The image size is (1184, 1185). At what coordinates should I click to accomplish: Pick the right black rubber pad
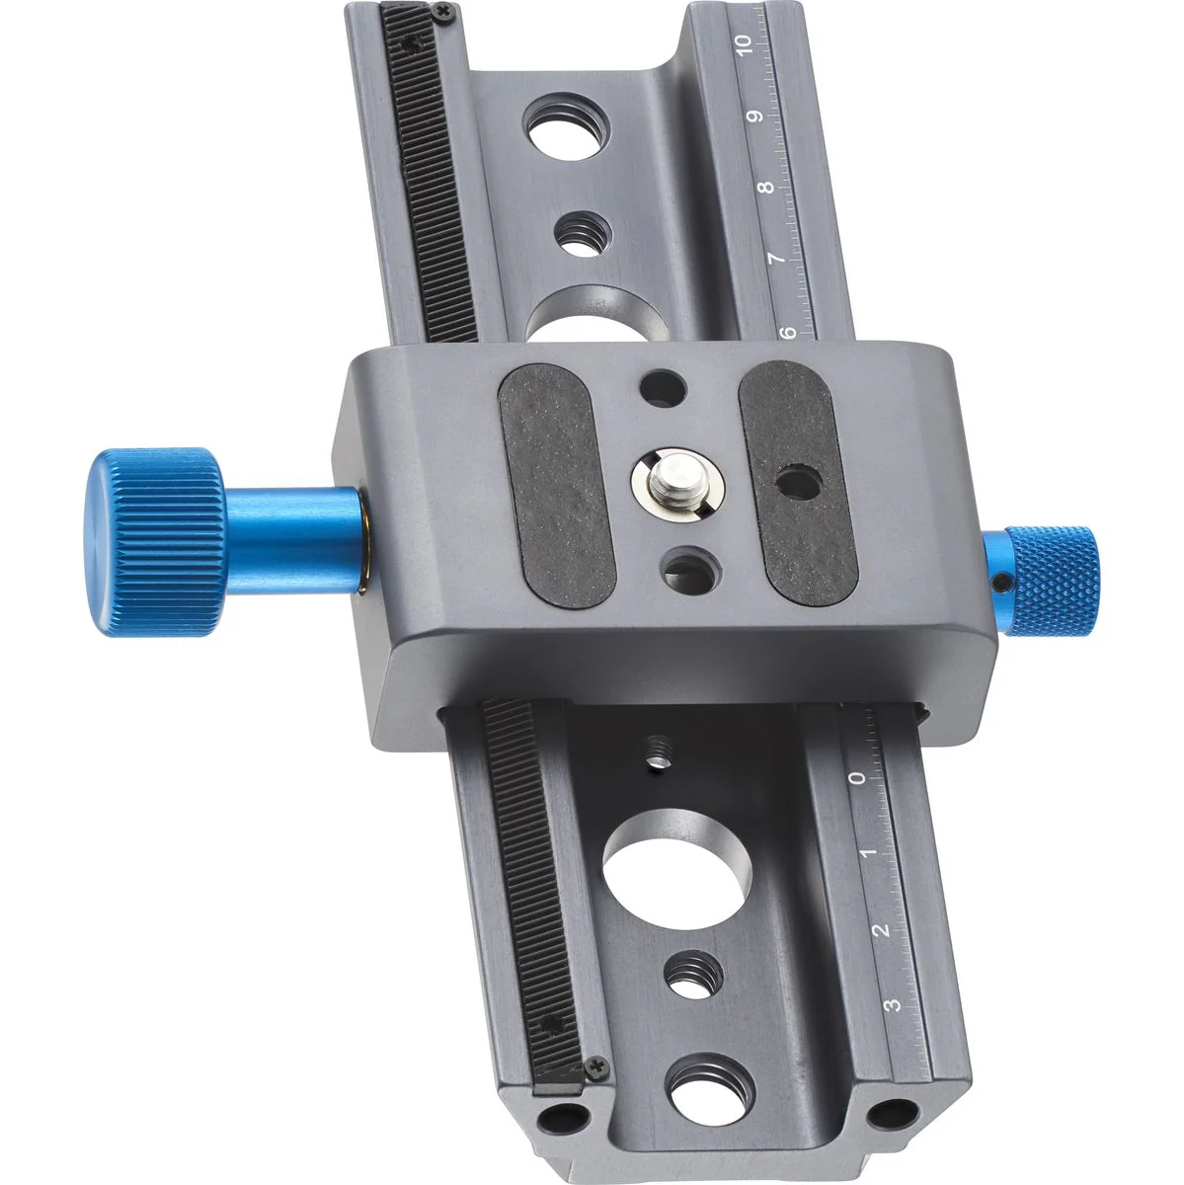click(x=798, y=483)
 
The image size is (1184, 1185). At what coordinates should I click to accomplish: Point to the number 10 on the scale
click(x=744, y=44)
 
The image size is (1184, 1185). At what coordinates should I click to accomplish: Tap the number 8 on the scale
click(x=767, y=187)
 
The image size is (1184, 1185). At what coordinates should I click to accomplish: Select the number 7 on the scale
click(x=778, y=259)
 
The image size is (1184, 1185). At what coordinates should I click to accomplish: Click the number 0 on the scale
click(x=857, y=778)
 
